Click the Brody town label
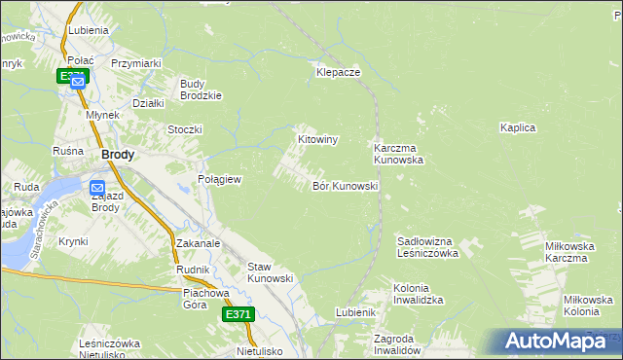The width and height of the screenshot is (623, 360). [118, 155]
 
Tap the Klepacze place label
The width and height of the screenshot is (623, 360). [338, 73]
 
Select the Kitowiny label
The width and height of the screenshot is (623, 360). [317, 140]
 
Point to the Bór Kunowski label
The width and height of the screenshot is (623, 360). [345, 185]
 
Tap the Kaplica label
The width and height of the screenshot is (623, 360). [518, 127]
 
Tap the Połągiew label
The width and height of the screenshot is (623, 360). [219, 180]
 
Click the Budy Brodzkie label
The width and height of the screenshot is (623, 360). [202, 90]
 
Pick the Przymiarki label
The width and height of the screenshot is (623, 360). [135, 63]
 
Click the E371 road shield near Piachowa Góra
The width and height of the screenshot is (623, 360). [238, 314]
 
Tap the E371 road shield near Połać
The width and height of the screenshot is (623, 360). [73, 75]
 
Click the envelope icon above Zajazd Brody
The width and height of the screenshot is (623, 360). [98, 187]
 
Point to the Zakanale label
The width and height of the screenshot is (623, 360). [199, 243]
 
